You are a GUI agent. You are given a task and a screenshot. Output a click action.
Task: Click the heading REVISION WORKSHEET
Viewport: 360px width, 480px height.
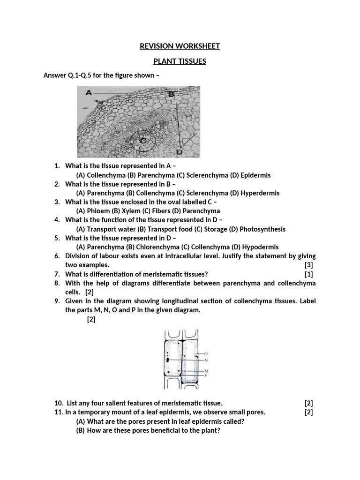(180, 46)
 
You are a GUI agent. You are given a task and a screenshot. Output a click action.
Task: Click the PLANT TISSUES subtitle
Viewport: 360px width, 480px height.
(180, 61)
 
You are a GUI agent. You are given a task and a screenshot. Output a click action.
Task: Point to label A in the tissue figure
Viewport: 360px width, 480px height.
(88, 93)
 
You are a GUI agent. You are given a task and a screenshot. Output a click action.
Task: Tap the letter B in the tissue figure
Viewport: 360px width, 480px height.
(171, 94)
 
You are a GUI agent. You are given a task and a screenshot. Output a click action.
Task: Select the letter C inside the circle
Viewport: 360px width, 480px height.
(142, 139)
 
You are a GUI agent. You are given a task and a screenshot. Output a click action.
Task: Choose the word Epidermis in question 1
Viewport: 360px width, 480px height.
(255, 175)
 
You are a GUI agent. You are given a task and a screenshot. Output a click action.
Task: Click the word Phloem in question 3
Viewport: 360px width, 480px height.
(97, 211)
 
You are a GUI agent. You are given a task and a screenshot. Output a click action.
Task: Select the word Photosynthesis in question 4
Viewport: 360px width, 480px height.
(262, 229)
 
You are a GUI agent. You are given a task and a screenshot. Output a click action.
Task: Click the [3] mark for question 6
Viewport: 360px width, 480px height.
(308, 265)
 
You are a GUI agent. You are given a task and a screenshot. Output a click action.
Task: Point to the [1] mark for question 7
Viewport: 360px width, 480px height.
(308, 274)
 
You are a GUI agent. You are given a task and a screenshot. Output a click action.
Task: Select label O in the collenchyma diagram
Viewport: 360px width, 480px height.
(206, 353)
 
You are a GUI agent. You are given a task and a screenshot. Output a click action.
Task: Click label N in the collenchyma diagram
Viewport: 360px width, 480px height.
(206, 360)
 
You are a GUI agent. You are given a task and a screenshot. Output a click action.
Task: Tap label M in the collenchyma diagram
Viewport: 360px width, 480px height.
(206, 371)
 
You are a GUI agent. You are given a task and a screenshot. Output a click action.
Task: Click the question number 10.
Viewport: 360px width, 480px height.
(59, 403)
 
